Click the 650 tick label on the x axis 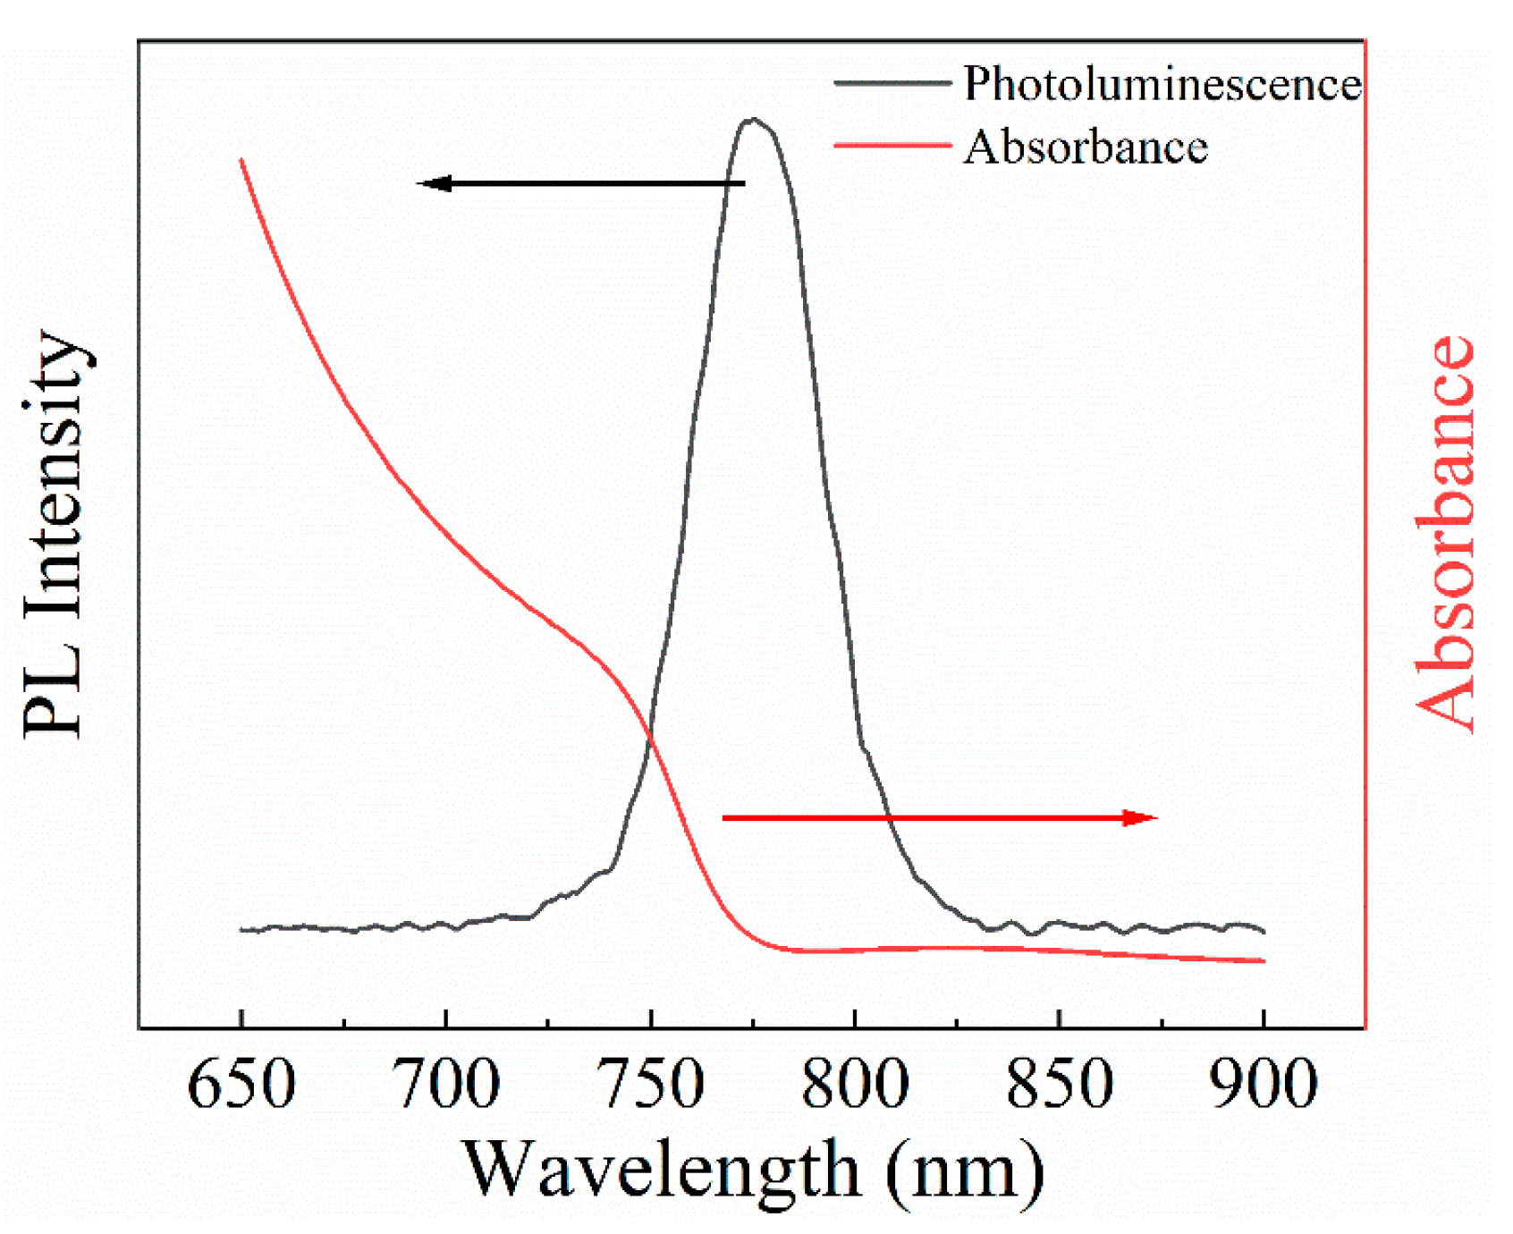(x=241, y=1085)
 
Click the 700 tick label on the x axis (x=446, y=1085)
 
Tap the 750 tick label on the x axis (x=651, y=1085)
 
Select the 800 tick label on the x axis (x=855, y=1085)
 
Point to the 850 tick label (x=1060, y=1085)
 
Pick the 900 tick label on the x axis (x=1264, y=1085)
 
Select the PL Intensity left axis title (x=55, y=534)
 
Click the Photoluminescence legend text (x=1162, y=84)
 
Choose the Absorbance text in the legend (x=1086, y=147)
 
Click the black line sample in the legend (x=892, y=83)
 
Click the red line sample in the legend (x=892, y=145)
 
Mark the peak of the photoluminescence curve (x=754, y=119)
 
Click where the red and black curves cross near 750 (x=650, y=739)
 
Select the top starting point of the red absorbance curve (x=241, y=161)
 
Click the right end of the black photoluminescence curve (x=1263, y=932)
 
